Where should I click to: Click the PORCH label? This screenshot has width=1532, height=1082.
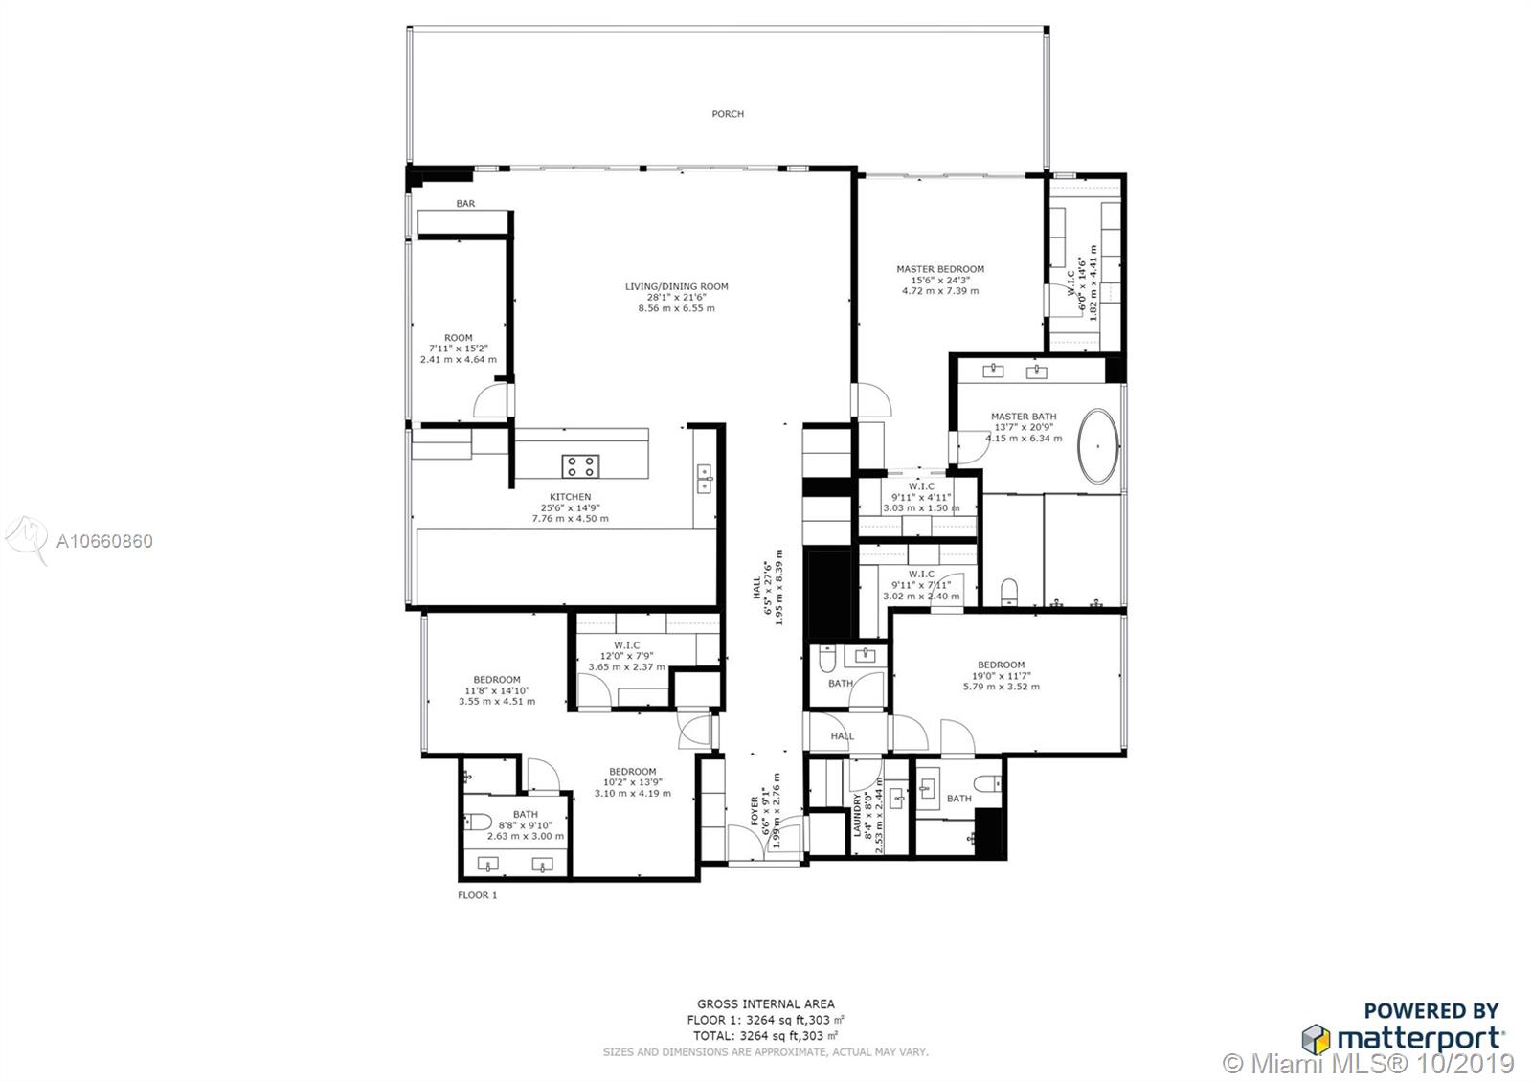(728, 114)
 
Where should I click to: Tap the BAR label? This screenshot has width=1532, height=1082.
(465, 204)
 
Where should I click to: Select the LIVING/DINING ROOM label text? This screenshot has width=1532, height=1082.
(676, 286)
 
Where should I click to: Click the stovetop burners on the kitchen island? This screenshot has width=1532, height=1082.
(580, 466)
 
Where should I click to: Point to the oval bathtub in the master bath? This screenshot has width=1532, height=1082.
(1098, 446)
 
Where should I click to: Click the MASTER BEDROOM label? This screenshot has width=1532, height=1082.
(940, 269)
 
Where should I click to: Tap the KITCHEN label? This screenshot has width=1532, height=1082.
(571, 497)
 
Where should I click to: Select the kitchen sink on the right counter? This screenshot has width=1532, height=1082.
(704, 479)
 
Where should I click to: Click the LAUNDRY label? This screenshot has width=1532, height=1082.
(857, 815)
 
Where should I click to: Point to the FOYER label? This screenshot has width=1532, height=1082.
(755, 811)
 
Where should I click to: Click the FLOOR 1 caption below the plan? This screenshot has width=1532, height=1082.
(478, 895)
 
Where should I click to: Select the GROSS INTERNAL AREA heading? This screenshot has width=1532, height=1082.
(766, 1004)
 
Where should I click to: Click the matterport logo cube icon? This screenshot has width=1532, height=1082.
(1316, 1040)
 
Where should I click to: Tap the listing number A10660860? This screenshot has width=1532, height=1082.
(104, 542)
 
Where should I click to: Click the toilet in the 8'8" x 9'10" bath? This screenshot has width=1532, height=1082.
(478, 821)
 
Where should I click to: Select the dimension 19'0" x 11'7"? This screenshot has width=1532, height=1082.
(1002, 676)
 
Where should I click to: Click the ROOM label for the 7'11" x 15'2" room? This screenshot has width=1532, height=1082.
(459, 338)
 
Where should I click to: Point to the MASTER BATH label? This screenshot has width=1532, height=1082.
(1024, 417)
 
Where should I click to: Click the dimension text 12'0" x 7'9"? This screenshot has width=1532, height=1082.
(626, 656)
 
